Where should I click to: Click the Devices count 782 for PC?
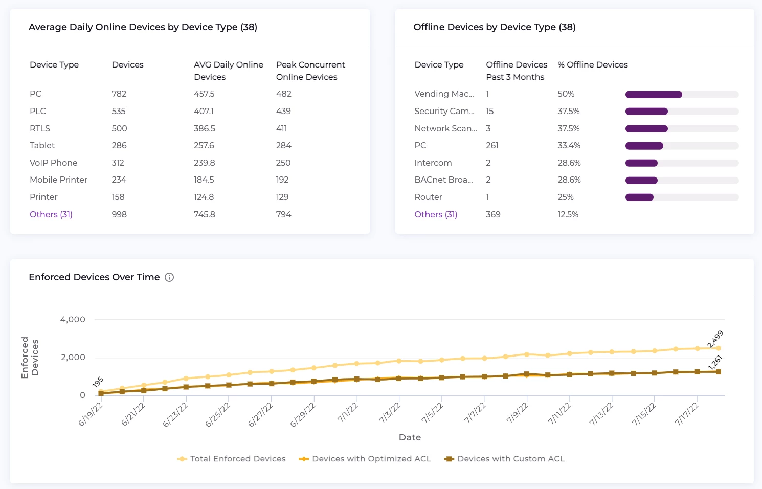(x=119, y=94)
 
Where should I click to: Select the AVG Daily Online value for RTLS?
(x=204, y=128)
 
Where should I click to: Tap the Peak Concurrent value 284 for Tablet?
(x=283, y=145)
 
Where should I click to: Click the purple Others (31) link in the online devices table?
(x=51, y=214)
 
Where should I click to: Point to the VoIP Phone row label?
(x=54, y=163)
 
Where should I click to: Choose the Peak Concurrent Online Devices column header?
(x=310, y=71)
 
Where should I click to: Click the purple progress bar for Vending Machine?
(x=654, y=94)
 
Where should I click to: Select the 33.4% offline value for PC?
(x=569, y=145)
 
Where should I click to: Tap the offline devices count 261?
(x=492, y=145)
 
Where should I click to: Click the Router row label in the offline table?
(x=428, y=197)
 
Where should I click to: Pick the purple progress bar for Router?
(x=639, y=197)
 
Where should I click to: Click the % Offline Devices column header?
(x=593, y=64)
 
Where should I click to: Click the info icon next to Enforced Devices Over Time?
(x=169, y=277)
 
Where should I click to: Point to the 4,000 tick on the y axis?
(x=73, y=319)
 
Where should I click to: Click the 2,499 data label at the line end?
(x=715, y=339)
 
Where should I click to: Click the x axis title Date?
(x=410, y=437)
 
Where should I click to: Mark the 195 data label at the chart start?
(x=98, y=382)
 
